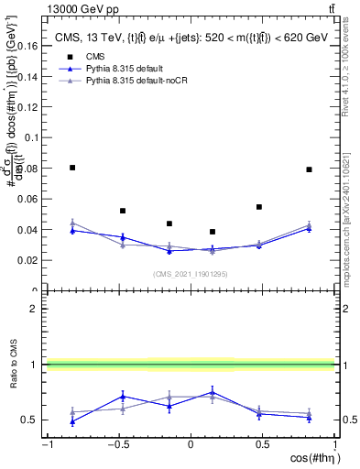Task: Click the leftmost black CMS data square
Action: (x=72, y=168)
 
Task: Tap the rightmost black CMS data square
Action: (x=310, y=169)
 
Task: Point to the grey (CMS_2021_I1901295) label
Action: (x=190, y=274)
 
